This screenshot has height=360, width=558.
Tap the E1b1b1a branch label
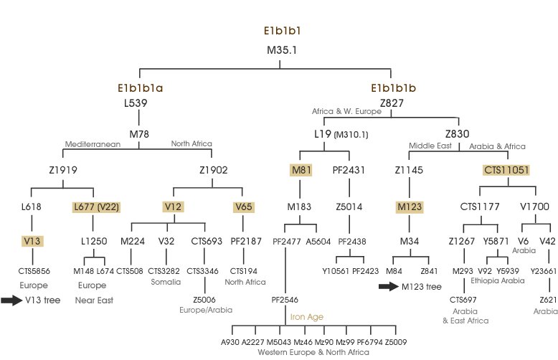click(141, 89)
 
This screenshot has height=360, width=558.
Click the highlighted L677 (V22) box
click(96, 207)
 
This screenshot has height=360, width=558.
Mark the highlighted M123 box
click(408, 207)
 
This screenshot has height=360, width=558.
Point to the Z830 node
click(458, 133)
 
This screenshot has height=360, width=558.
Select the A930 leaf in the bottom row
click(230, 341)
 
